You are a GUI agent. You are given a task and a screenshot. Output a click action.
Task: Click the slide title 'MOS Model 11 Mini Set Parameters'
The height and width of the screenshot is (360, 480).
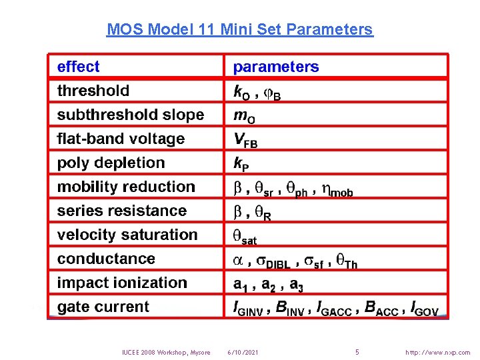click(x=240, y=29)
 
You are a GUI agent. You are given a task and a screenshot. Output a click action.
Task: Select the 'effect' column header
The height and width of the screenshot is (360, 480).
click(x=78, y=67)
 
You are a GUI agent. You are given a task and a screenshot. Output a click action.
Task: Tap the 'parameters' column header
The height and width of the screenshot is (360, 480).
click(x=276, y=67)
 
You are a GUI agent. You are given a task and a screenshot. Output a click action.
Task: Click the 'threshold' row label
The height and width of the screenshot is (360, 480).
click(x=93, y=91)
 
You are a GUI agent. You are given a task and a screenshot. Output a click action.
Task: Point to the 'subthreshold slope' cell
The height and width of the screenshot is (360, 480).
click(x=131, y=115)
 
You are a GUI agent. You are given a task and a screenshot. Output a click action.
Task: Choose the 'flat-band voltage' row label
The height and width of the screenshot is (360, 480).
click(x=121, y=139)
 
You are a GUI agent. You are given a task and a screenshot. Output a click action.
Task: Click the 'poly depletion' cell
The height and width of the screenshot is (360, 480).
click(x=111, y=163)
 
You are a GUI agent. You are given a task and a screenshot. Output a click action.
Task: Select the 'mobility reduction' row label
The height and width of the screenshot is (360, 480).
click(x=126, y=187)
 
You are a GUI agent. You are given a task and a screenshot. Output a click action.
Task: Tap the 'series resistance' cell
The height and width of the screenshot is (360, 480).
click(x=122, y=211)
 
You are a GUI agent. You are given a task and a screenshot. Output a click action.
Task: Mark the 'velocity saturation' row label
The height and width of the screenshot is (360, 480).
click(x=127, y=235)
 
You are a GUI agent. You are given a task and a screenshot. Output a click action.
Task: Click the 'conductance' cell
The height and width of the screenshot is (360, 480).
click(x=106, y=259)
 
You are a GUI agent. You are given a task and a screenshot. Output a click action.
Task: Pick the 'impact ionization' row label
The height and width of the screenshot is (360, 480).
click(x=122, y=283)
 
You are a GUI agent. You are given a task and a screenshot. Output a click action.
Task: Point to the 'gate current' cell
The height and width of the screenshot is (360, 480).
click(x=103, y=307)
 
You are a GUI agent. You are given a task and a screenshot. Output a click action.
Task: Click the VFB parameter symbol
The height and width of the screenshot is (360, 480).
click(x=245, y=140)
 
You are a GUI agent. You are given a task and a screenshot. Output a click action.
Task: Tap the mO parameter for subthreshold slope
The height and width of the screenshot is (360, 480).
click(x=244, y=116)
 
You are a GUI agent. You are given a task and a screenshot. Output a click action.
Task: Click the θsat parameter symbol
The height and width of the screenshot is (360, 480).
click(x=244, y=236)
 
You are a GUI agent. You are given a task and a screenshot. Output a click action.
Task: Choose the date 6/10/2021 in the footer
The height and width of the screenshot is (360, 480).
click(x=243, y=352)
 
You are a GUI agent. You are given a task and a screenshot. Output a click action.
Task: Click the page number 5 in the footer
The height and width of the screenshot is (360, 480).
click(x=357, y=351)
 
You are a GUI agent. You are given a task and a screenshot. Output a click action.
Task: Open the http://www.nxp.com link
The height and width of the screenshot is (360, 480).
click(x=437, y=352)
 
